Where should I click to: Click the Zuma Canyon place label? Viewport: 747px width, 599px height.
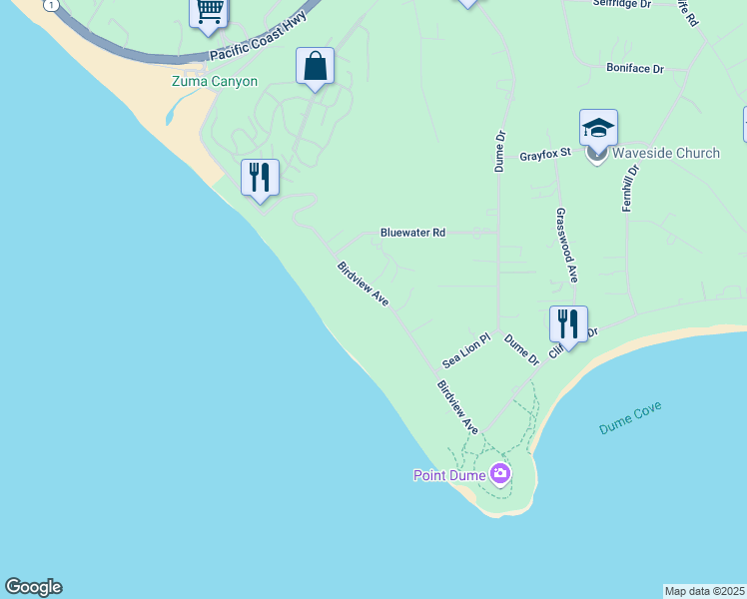(214, 82)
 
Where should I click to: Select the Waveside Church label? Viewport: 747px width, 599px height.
(665, 153)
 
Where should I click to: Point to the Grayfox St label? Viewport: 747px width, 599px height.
(544, 155)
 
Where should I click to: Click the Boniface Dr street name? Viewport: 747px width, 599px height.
(635, 68)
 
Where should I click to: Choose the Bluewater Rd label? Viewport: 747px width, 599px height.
(412, 233)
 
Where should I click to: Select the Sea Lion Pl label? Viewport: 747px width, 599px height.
(467, 349)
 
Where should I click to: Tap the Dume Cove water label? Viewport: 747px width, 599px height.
(630, 416)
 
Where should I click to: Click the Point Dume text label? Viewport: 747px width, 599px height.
(449, 475)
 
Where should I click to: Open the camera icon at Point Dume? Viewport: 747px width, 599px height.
(500, 473)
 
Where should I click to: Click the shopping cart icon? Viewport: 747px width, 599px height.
(209, 11)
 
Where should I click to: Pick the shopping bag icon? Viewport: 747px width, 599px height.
(315, 67)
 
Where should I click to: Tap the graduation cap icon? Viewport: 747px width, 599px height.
(598, 128)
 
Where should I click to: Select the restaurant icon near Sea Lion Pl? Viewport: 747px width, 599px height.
(568, 324)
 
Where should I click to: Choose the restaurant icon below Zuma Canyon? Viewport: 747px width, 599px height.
(260, 178)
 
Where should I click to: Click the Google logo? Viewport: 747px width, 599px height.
(33, 587)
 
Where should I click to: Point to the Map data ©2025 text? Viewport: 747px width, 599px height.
(705, 591)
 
